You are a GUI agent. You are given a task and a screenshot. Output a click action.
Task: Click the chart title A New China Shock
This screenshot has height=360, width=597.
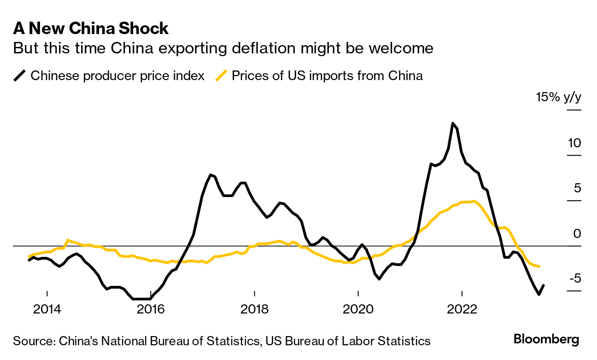point(91,29)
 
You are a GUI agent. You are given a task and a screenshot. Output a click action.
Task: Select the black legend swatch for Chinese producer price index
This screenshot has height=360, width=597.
point(20,75)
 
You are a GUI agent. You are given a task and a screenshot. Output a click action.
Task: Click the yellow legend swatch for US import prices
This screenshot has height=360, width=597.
point(222,75)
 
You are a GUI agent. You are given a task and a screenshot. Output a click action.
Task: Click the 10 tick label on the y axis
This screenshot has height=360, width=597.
point(574,143)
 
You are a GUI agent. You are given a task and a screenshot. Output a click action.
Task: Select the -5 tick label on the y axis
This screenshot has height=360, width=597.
point(573,279)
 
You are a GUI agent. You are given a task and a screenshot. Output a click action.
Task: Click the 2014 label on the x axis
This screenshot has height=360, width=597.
point(47,309)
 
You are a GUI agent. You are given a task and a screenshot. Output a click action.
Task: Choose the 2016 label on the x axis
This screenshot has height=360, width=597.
point(151,309)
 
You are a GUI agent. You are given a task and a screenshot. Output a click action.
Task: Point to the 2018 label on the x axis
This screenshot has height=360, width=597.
point(254,309)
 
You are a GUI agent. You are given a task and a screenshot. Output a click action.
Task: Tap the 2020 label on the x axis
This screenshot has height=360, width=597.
point(358,309)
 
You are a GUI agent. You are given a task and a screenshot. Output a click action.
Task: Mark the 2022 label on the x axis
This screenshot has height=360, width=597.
point(462,309)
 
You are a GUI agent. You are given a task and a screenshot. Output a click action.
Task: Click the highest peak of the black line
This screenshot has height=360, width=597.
point(453,123)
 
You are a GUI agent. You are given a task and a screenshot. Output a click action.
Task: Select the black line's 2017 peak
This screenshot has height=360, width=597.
point(211,174)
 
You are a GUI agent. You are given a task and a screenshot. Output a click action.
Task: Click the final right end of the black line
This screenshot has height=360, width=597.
point(544,285)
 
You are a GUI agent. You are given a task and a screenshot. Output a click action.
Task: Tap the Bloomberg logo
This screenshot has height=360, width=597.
point(546,340)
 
